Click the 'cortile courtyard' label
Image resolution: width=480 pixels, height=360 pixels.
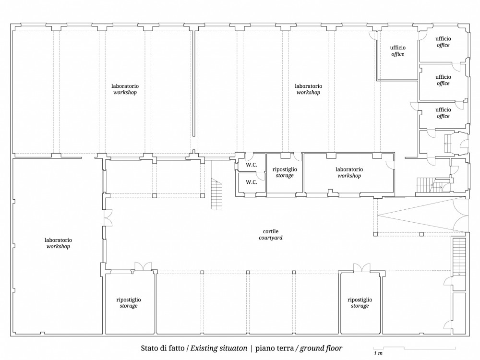(x=271, y=235)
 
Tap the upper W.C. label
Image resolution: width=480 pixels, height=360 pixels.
(x=252, y=165)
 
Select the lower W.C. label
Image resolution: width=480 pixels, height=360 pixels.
(x=252, y=182)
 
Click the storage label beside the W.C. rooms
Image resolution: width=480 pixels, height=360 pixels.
(x=285, y=172)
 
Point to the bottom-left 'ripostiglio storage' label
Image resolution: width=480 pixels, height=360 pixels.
(x=129, y=303)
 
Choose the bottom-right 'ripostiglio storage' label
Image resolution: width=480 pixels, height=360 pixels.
(x=360, y=303)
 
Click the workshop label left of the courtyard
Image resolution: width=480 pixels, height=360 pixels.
(x=58, y=243)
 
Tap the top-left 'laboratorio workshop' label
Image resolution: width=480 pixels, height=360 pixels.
(x=125, y=89)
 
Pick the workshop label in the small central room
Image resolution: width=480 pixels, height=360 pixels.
(x=349, y=172)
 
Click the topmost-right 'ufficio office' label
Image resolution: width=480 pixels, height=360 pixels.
(x=443, y=42)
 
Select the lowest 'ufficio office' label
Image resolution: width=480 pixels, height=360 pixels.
(x=443, y=113)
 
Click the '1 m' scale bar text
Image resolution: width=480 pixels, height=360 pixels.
(x=378, y=353)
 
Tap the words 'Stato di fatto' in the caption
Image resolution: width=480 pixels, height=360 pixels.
(x=163, y=348)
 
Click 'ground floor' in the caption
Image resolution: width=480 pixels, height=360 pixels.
(x=321, y=348)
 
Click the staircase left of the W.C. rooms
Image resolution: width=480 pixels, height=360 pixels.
(x=216, y=194)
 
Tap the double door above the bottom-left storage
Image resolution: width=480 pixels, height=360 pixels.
(x=143, y=266)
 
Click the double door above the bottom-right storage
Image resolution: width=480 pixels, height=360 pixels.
(x=362, y=267)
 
